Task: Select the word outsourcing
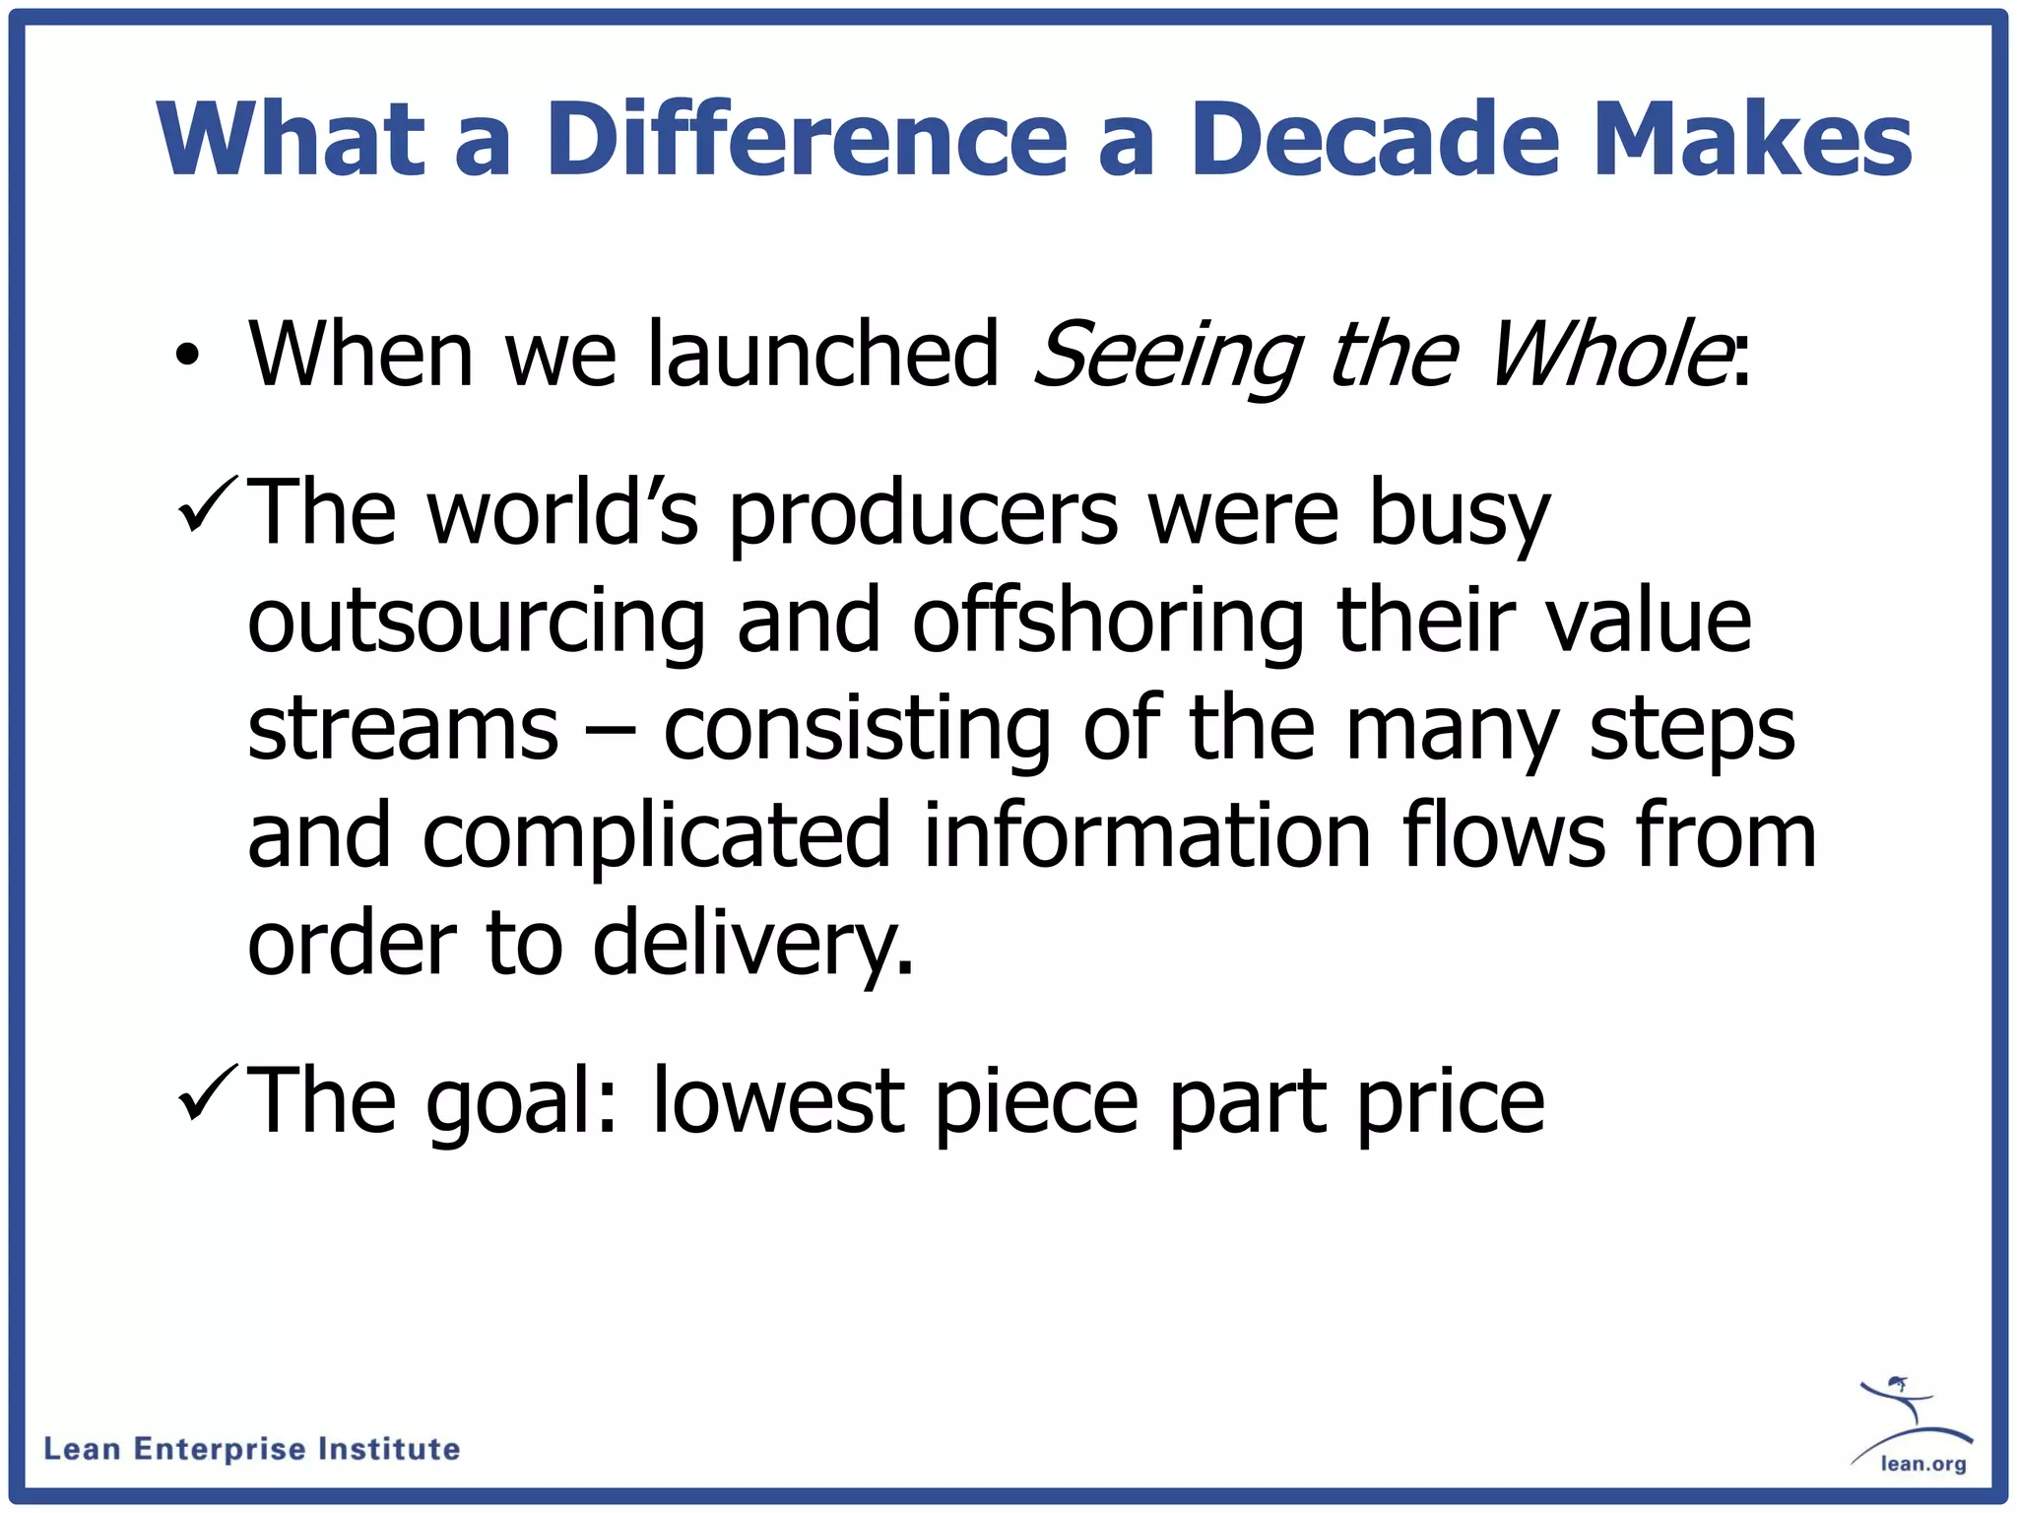pyautogui.click(x=477, y=623)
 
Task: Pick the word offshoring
pyautogui.click(x=1108, y=623)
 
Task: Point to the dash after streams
pyautogui.click(x=611, y=733)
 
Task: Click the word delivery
pyautogui.click(x=752, y=944)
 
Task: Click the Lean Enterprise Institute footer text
pyautogui.click(x=252, y=1449)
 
